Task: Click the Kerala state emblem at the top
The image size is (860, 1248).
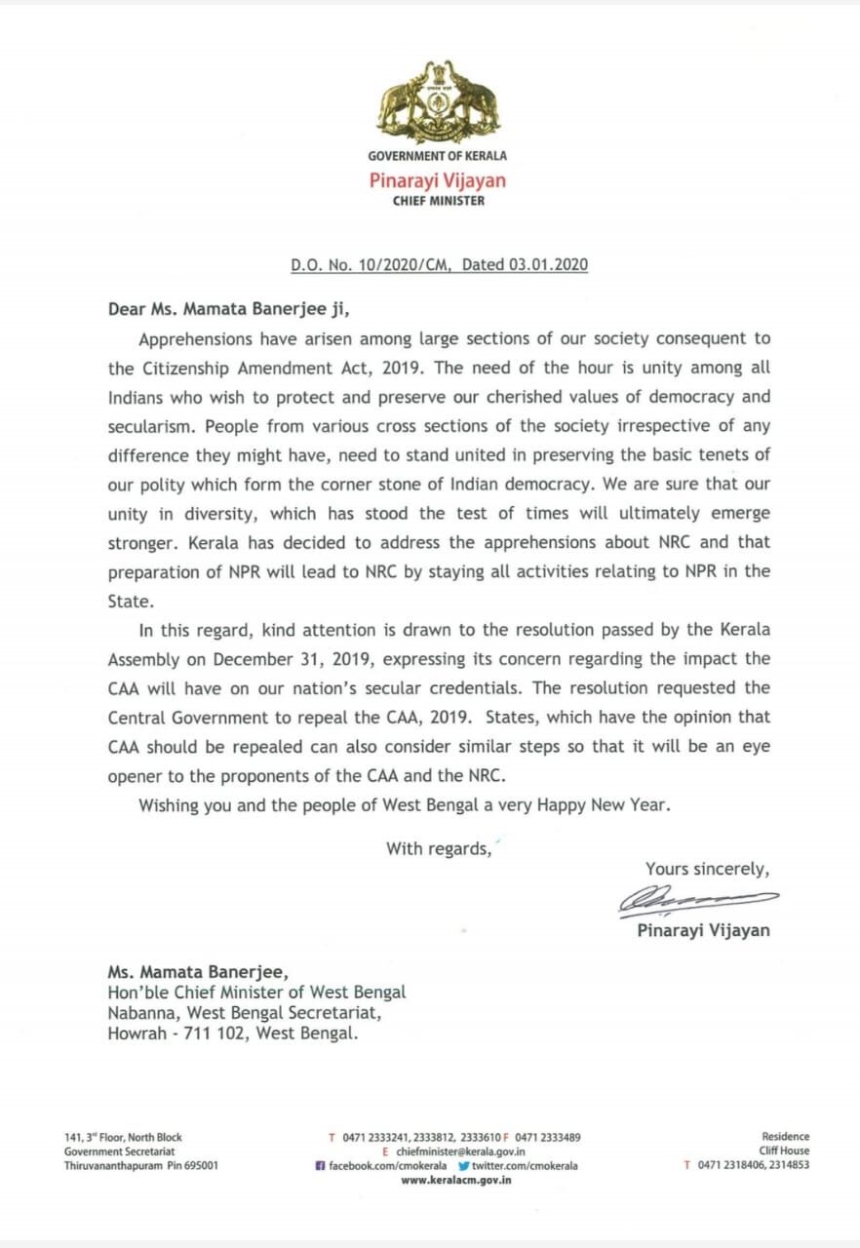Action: point(437,101)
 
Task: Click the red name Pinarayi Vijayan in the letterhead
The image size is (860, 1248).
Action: point(437,180)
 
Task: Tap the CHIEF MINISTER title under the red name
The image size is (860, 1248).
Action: point(438,201)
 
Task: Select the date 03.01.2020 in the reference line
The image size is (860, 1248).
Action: point(548,264)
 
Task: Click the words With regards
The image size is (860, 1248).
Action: point(438,848)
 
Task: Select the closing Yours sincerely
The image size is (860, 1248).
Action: point(707,868)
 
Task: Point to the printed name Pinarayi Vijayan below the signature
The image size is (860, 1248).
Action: point(703,930)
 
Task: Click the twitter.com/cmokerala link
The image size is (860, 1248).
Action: point(525,1166)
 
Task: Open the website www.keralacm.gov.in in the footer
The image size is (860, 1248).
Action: point(456,1180)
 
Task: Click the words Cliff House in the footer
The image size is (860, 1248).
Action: point(784,1151)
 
